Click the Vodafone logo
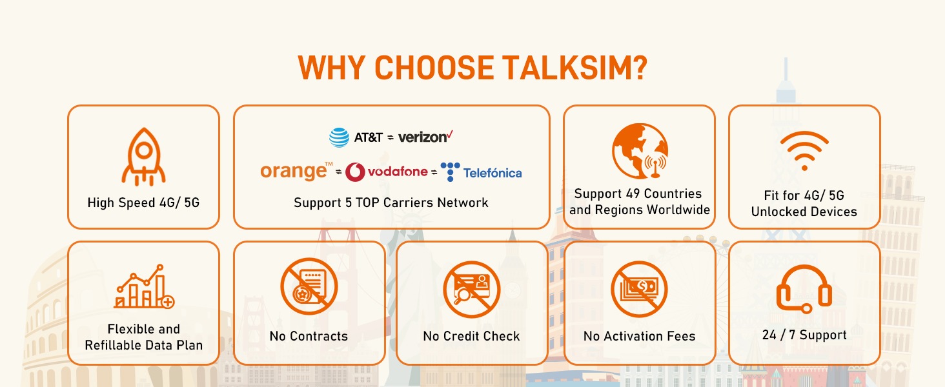[387, 172]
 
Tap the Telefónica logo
[482, 172]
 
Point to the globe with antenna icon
[640, 151]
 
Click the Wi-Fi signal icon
[804, 150]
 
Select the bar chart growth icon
[143, 286]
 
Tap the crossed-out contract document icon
[309, 288]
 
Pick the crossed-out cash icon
[639, 288]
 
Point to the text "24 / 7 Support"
[804, 335]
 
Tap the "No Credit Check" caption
[471, 336]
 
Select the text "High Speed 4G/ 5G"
[143, 203]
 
